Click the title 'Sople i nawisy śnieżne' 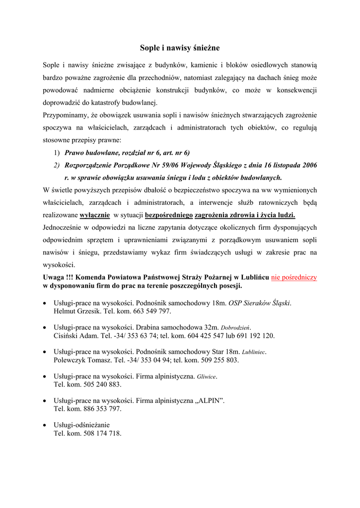point(180,48)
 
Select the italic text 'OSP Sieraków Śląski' point(259,303)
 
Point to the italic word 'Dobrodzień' point(236,327)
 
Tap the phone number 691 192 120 point(255,335)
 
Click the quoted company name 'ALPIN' point(211,400)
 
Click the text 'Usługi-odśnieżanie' point(81,425)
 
